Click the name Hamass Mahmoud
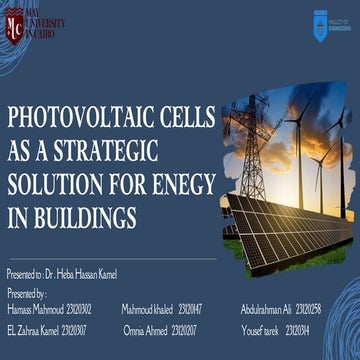34,309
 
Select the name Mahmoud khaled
147,309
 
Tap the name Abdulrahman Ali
265,309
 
